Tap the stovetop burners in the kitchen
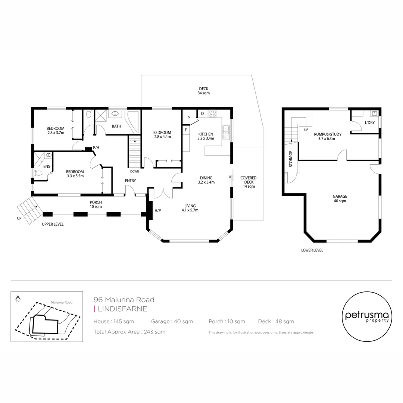[x=212, y=113]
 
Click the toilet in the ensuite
[x=38, y=173]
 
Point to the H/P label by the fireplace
[x=157, y=211]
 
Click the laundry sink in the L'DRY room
[x=374, y=113]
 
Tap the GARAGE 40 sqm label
[x=340, y=199]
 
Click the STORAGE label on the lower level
[x=290, y=159]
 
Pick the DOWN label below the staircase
[x=135, y=172]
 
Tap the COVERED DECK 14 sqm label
[x=249, y=182]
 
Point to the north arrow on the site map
[x=18, y=299]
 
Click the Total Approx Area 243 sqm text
[x=129, y=332]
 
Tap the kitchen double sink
[x=226, y=129]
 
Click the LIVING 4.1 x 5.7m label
[x=190, y=208]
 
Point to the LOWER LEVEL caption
[x=312, y=250]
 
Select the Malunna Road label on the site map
[x=62, y=302]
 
